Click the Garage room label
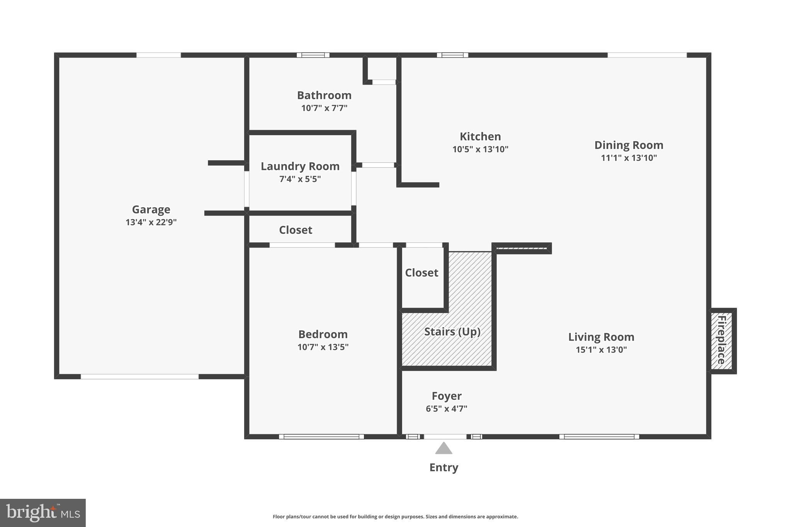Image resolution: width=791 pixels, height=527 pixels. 151,210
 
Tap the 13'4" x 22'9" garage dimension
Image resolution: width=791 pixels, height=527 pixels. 151,222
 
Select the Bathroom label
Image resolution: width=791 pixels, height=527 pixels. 324,95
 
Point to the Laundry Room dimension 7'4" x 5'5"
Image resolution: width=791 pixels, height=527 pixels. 300,179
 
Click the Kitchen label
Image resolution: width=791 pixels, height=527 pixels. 480,137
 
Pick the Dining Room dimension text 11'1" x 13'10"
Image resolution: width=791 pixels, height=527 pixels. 629,158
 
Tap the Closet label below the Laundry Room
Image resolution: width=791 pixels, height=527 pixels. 295,230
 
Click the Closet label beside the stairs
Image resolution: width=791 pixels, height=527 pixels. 421,273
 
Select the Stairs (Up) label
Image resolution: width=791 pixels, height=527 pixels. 452,332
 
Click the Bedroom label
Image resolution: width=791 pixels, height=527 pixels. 323,334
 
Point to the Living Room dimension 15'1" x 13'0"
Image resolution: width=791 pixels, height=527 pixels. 601,350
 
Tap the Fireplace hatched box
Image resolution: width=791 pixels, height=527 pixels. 721,341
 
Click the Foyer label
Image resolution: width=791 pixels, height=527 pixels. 446,396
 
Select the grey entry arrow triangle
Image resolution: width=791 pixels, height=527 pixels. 444,449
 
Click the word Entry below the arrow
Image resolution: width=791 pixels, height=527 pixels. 444,468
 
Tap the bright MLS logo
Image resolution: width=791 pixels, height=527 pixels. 42,513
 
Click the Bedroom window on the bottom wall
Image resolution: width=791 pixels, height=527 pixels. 321,437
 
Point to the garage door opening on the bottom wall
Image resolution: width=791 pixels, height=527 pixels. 139,376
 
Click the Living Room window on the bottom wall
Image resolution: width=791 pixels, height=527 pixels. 599,437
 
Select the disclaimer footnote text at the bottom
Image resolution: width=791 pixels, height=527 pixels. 395,517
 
